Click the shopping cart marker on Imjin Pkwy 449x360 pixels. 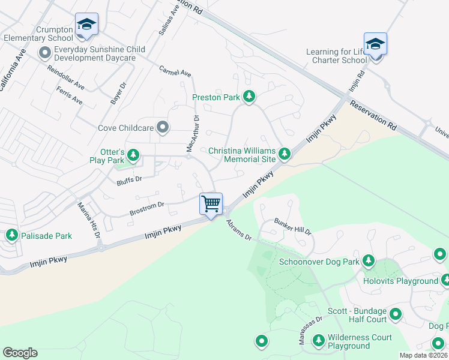pos(211,204)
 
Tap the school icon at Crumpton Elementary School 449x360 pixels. pos(86,25)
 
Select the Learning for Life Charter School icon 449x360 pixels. pos(375,44)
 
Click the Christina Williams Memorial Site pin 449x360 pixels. pos(285,155)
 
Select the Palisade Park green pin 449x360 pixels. pos(11,235)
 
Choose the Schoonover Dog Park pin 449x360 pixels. pos(368,262)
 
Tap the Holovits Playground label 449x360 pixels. pos(400,281)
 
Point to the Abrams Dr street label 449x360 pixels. pos(238,230)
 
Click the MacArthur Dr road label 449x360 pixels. pos(192,133)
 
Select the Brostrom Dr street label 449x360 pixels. pos(147,209)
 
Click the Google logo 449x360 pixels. pos(20,353)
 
